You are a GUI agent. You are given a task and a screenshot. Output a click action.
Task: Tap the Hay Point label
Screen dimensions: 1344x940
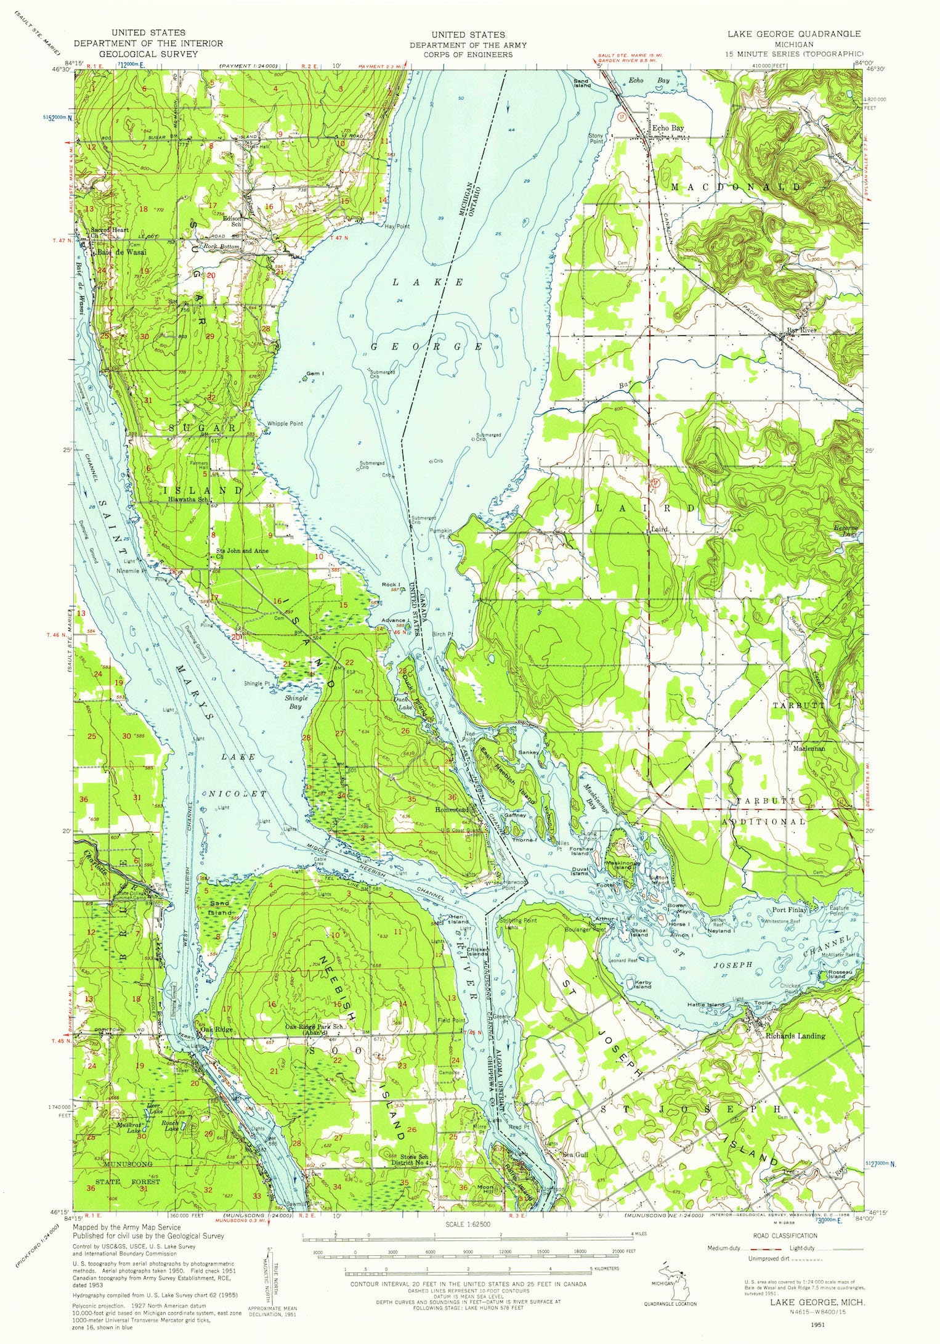click(397, 227)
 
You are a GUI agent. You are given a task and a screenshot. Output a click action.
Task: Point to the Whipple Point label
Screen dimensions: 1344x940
click(285, 424)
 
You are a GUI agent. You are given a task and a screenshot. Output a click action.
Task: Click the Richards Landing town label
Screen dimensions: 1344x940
click(795, 1036)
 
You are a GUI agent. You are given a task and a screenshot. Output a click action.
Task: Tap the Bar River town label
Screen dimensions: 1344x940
click(802, 331)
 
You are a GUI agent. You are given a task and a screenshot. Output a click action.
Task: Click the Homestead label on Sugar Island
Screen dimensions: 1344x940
click(452, 810)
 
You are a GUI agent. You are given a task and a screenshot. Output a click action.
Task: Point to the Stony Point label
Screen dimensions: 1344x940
click(596, 138)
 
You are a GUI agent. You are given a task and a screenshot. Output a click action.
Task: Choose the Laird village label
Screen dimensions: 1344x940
click(659, 529)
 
